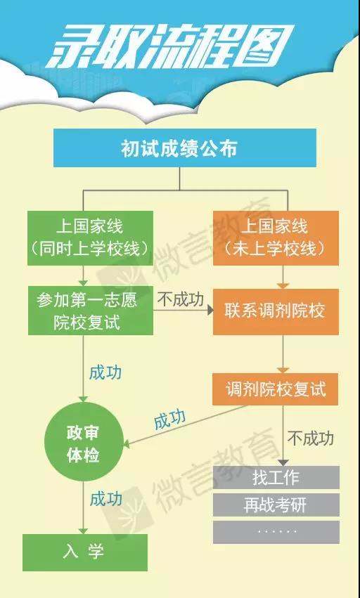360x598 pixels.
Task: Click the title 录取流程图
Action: (x=171, y=46)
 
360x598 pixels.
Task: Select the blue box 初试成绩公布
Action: (x=185, y=148)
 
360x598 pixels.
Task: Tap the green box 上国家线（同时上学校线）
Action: (x=91, y=238)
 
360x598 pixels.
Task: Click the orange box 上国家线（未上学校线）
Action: (x=276, y=238)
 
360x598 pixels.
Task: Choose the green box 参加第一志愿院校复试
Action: (x=91, y=311)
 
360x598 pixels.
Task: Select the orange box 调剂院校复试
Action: (x=275, y=389)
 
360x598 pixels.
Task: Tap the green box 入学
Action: (x=85, y=552)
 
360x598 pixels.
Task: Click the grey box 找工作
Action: (x=276, y=477)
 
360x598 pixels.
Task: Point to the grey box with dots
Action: (x=276, y=532)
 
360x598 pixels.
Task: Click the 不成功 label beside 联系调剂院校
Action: (x=181, y=300)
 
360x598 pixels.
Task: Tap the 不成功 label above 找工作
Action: (x=311, y=438)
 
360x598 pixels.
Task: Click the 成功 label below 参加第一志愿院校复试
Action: (x=105, y=372)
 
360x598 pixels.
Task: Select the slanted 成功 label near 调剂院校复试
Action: (x=170, y=420)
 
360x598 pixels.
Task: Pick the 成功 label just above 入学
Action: (x=106, y=499)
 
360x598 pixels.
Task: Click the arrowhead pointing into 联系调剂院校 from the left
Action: (x=210, y=310)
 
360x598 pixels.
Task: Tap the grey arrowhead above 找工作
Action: (x=283, y=463)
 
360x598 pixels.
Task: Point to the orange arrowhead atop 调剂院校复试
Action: (x=283, y=370)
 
